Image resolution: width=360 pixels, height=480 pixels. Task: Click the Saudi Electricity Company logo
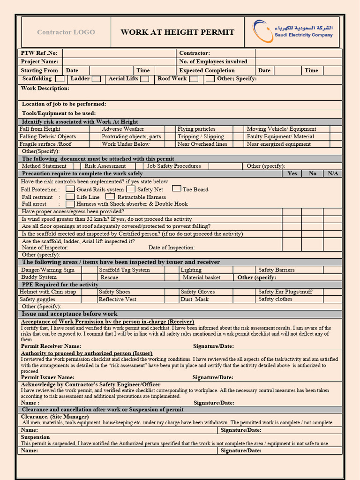[293, 31]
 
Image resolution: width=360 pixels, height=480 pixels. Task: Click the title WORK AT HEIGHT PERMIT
[177, 32]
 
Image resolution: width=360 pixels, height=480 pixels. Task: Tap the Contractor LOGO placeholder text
[66, 32]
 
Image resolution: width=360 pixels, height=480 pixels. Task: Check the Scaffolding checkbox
[60, 79]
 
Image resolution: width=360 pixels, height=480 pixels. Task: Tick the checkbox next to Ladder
[96, 79]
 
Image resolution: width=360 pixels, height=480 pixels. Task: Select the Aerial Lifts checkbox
[145, 79]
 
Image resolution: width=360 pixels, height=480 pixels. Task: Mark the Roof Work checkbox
[194, 79]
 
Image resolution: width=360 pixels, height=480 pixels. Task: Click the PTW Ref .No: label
[39, 53]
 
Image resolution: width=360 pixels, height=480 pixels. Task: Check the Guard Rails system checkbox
[70, 189]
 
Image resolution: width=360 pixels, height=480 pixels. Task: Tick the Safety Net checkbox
[131, 189]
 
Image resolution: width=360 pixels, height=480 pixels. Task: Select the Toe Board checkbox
[176, 188]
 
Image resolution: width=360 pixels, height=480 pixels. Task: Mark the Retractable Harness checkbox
[110, 196]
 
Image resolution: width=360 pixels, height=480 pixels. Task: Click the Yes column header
[292, 173]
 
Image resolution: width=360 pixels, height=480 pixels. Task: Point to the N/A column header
[333, 173]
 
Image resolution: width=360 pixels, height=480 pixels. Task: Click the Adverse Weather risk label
[123, 129]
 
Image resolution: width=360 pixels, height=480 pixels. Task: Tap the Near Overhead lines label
[202, 144]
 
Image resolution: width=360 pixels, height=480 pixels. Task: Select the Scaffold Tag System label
[124, 270]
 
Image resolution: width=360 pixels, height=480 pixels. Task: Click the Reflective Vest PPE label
[117, 299]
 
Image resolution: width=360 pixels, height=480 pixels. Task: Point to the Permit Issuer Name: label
[47, 377]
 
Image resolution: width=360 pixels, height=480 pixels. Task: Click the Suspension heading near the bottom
[35, 437]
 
